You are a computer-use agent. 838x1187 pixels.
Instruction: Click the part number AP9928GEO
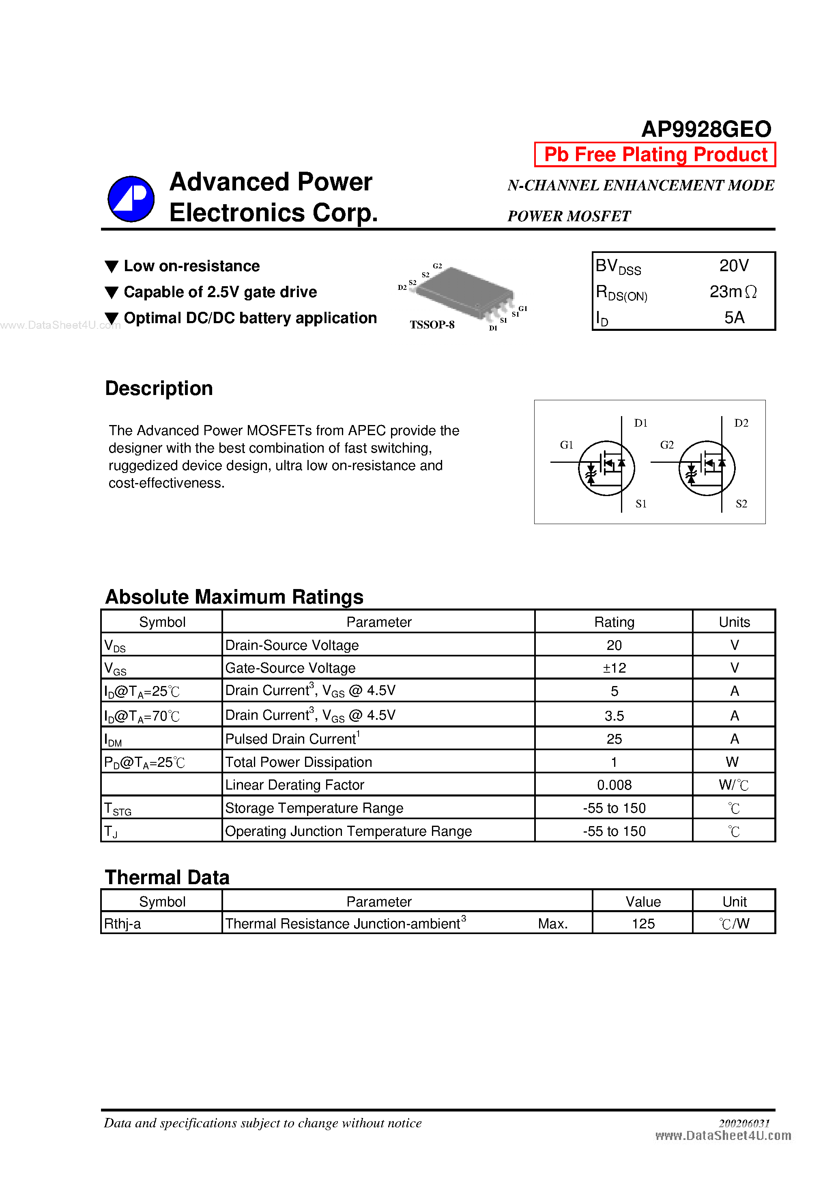(706, 129)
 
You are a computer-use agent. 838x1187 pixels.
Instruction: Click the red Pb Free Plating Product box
(655, 155)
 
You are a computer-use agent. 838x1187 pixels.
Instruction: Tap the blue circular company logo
(131, 199)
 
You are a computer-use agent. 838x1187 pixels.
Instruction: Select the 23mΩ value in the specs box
(733, 292)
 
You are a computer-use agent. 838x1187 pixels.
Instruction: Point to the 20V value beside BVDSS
(734, 266)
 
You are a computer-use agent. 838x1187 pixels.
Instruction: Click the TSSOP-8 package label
(432, 325)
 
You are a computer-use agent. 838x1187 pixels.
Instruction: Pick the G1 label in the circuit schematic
(566, 445)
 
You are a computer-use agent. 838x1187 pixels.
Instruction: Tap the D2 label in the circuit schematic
(741, 423)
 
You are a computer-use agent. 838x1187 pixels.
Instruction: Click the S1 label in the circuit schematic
(640, 503)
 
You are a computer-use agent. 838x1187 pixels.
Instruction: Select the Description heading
(159, 388)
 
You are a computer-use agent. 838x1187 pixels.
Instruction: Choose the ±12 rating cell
(614, 668)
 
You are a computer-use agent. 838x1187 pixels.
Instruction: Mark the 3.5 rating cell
(614, 716)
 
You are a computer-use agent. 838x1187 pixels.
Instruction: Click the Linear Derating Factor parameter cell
(294, 785)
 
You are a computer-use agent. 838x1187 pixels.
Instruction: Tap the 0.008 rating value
(614, 785)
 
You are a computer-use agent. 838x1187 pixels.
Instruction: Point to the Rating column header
(614, 622)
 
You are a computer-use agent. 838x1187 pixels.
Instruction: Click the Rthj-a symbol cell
(122, 924)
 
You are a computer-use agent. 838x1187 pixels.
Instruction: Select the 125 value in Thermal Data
(643, 924)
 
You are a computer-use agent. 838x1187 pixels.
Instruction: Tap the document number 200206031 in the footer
(743, 1123)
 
